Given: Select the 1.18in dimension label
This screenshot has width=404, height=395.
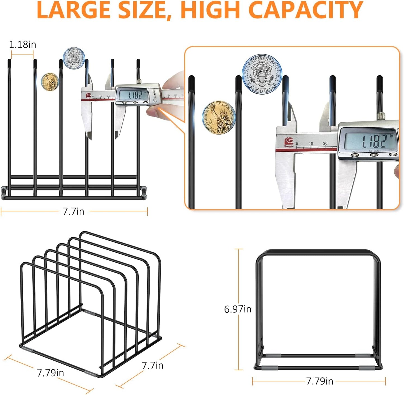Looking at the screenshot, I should coord(22,45).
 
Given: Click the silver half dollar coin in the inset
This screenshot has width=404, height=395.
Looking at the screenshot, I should coord(262,74).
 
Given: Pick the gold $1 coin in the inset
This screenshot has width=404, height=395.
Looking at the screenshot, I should coord(219,118).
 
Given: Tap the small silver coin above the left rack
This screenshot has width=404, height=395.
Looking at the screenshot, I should coord(74,58).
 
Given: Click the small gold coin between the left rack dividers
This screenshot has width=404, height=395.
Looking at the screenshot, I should coord(50,82).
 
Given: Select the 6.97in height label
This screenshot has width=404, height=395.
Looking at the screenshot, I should coord(238,309).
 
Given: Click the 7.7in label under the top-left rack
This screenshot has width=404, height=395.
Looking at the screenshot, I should coord(73,211).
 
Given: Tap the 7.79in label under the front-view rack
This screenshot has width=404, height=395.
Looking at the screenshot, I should coord(319,381).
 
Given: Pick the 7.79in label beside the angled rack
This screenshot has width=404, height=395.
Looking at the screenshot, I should coord(50,373).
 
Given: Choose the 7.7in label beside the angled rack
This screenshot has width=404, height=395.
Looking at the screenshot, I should coord(152,365).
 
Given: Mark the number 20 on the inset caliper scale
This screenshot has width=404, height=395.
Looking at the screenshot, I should coord(325,143).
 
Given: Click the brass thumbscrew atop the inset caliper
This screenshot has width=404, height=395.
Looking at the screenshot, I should coord(381,115).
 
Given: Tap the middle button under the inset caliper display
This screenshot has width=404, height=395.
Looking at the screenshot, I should coord(374,155).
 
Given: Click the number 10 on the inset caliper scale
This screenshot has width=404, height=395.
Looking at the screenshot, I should coord(311,143).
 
